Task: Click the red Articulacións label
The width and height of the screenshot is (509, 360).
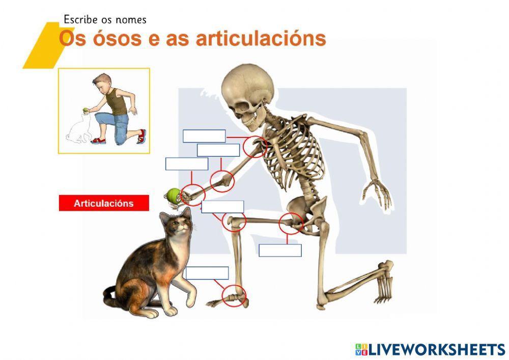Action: pos(104,203)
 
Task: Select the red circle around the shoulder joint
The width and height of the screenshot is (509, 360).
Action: pos(254,147)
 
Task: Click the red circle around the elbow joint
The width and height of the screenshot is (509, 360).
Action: pos(222,181)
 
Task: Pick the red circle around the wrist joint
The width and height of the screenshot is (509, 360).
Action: pos(193,195)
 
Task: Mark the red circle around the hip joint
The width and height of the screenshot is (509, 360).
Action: pos(291,223)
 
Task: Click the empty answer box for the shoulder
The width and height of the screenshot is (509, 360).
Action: pos(204,136)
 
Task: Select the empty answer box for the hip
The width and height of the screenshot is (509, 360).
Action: pos(280,251)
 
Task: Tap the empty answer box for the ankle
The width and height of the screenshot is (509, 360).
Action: pos(207,273)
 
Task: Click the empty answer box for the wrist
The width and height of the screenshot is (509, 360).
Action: pos(187,164)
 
